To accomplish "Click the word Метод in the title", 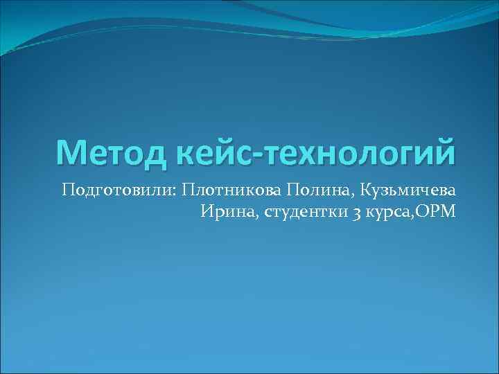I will point(108,151).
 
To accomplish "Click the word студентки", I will point(304,211).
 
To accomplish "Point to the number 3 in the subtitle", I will point(355,212).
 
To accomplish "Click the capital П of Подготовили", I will point(67,190).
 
